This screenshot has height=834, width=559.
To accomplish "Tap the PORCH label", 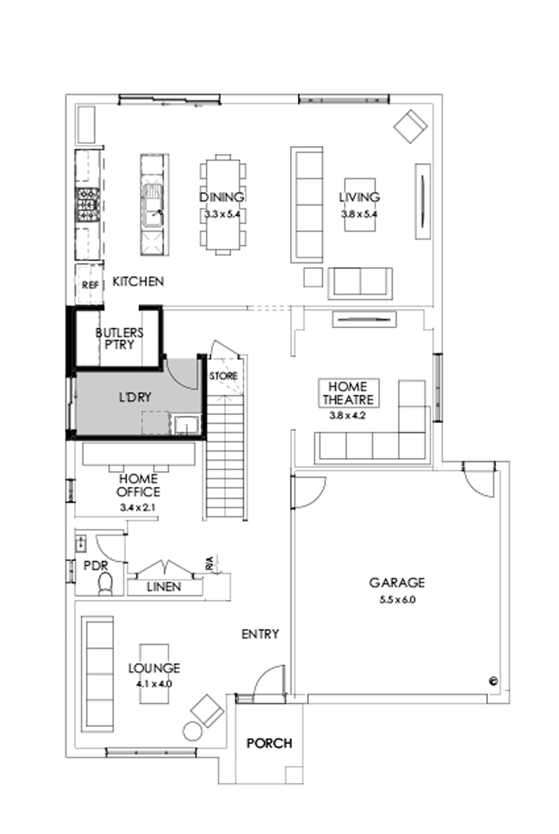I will coord(269,743).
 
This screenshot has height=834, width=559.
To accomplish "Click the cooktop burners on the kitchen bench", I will coord(87,204).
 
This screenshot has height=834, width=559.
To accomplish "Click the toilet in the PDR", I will coord(105,584).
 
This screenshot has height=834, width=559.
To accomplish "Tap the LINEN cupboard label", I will coord(164,587).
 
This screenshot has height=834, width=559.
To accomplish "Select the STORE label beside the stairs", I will coord(223,375).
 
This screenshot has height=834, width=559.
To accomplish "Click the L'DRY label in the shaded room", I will coord(135,396).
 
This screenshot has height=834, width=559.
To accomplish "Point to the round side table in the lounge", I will coord(193,730).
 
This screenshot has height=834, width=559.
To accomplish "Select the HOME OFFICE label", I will coord(139,485).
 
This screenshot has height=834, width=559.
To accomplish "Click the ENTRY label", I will coord(260,634).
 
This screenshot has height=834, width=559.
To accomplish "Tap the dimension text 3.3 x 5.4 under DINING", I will coord(222,214).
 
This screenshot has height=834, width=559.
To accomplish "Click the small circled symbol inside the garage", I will coord(493,681).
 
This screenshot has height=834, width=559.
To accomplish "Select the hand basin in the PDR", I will coord(82,544).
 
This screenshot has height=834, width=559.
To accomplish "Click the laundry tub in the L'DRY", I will coord(186,423).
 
